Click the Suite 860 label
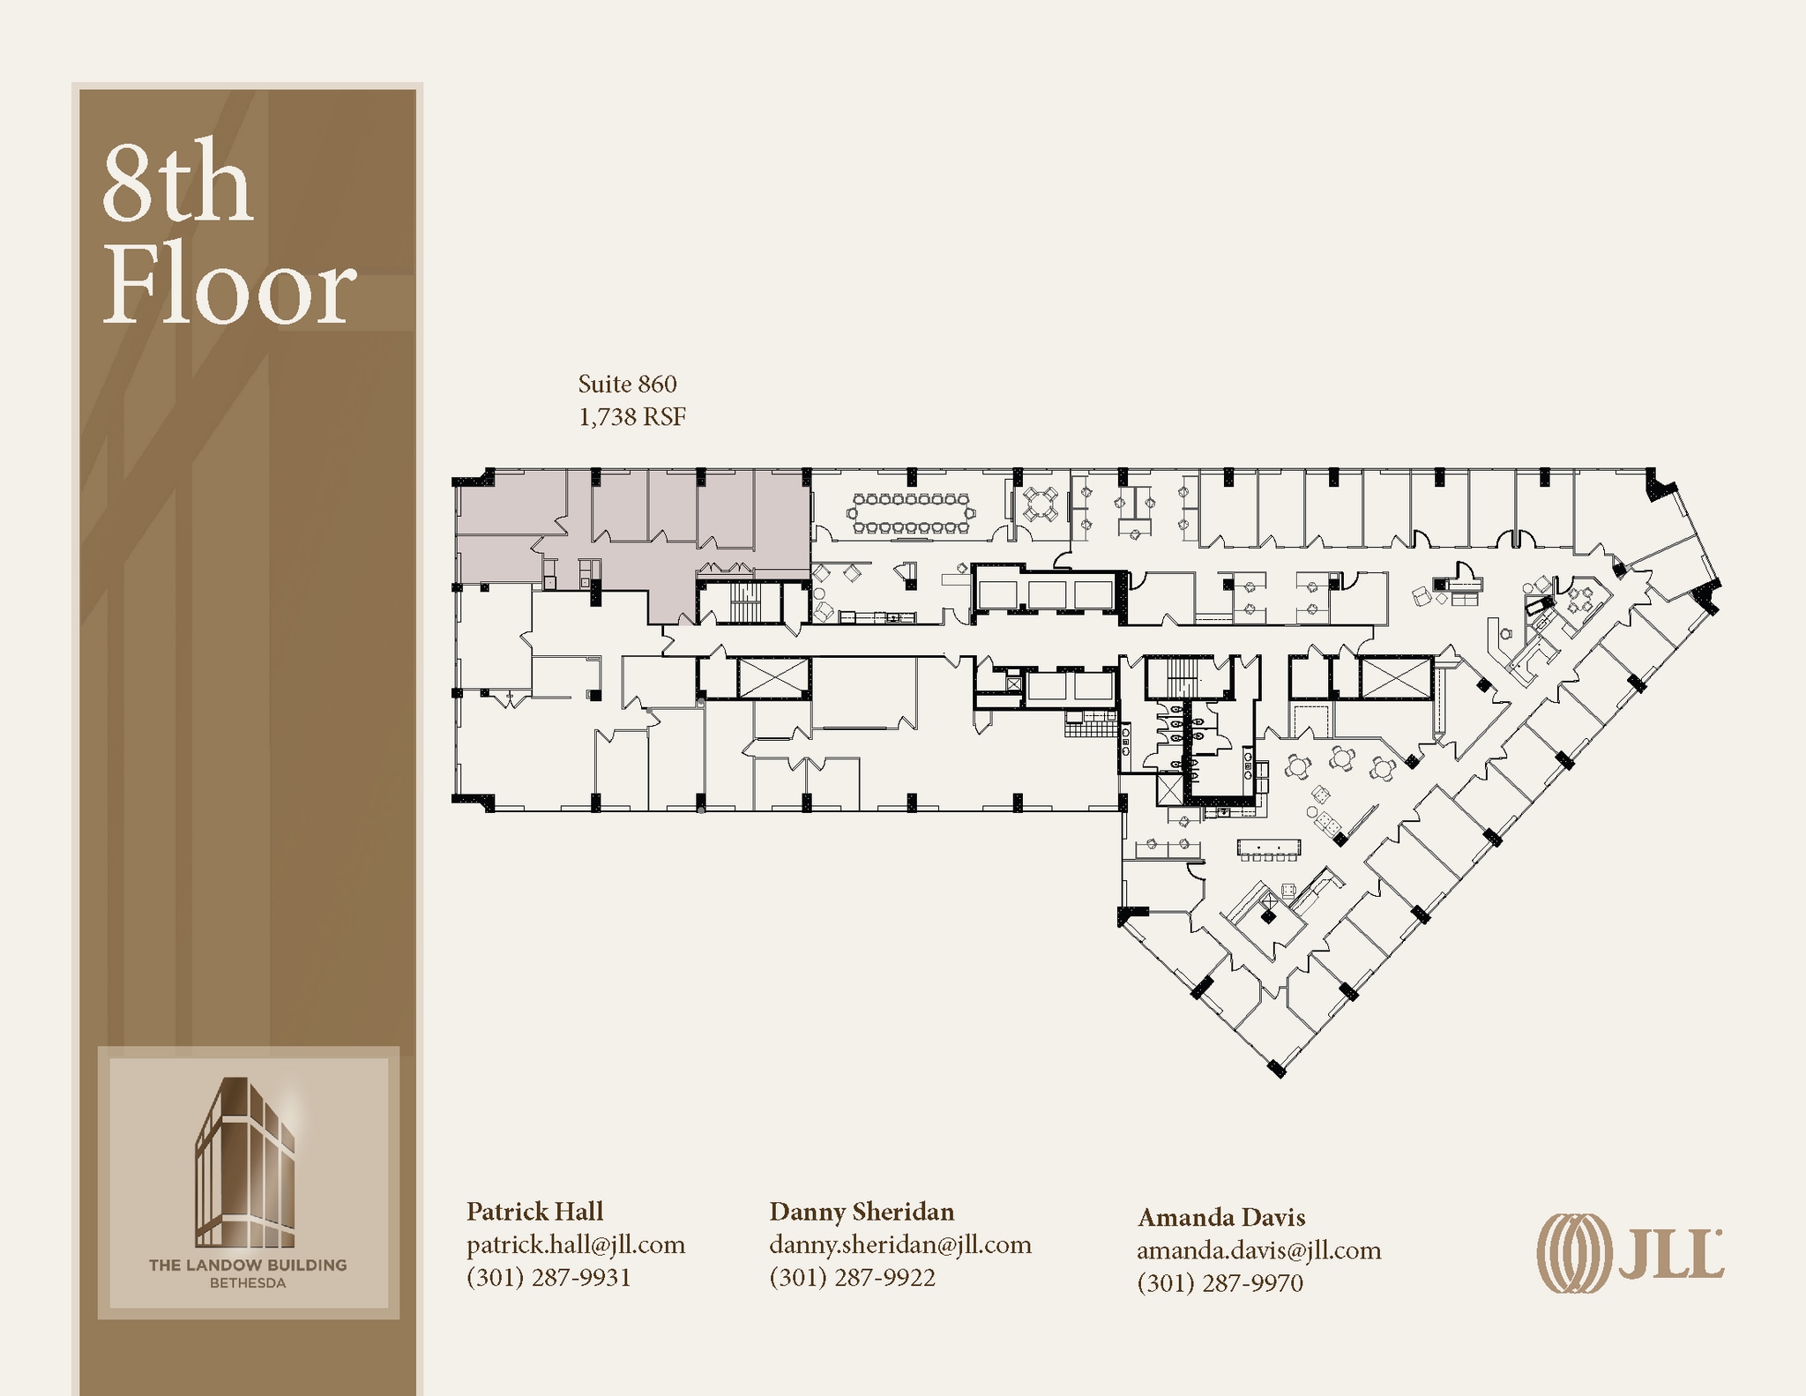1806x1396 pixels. pos(627,384)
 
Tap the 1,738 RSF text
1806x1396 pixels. pos(631,416)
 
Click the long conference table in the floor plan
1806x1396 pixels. pos(910,513)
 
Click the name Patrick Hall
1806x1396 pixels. pos(534,1211)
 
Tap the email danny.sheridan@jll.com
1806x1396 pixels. pos(899,1244)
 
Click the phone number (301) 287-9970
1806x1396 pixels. pos(1220,1282)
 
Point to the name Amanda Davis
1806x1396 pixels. pos(1220,1217)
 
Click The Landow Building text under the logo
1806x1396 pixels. pos(247,1265)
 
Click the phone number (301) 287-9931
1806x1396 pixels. pos(549,1277)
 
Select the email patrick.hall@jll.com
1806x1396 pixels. pos(575,1244)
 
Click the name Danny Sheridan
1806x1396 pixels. pos(862,1211)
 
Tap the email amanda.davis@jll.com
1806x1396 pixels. pos(1258,1250)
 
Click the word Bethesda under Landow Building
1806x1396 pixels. pos(247,1283)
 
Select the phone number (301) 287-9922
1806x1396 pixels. pos(852,1277)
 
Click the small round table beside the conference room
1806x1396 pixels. pos(1041,505)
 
